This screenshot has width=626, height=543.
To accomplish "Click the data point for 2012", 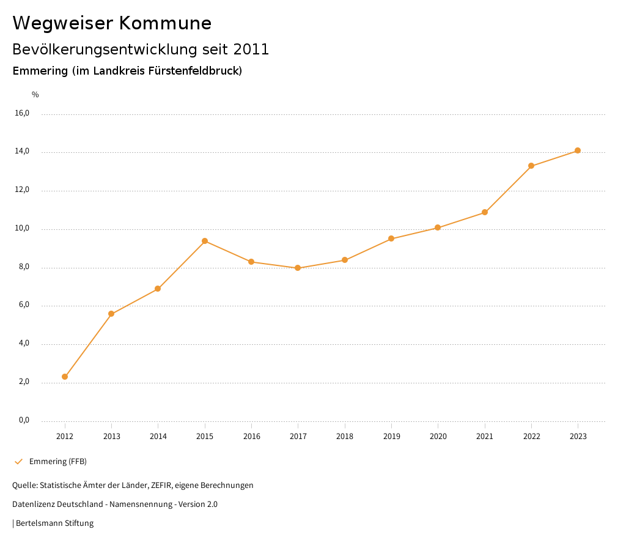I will (65, 377).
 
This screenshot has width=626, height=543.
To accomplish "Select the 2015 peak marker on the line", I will (205, 241).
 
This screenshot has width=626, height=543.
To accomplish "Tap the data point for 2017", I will (298, 268).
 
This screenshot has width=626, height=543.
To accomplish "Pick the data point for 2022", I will (531, 166).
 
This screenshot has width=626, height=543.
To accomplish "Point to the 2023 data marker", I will (578, 150).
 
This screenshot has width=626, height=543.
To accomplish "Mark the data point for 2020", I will (438, 227).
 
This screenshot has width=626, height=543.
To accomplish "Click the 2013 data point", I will (111, 314).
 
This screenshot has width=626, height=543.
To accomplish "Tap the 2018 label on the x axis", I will (345, 436).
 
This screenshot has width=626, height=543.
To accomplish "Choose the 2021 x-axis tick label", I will (485, 436).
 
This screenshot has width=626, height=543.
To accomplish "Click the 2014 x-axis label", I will (158, 436).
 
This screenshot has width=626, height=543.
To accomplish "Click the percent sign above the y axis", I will (35, 95).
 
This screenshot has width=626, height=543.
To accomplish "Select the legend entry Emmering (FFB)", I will (58, 461).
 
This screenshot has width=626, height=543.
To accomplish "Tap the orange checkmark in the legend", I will (18, 461).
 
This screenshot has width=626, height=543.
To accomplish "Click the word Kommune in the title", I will (165, 23).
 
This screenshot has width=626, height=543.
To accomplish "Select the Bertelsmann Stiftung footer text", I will (54, 523).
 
